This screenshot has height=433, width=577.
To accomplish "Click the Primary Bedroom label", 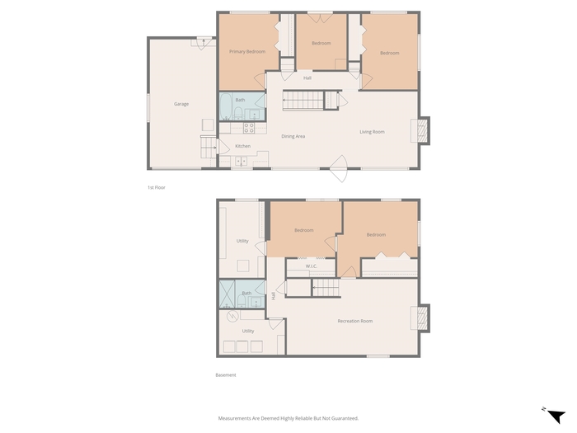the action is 247,51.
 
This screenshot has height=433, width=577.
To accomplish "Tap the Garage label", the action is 181,104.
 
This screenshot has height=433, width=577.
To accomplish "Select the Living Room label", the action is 372,132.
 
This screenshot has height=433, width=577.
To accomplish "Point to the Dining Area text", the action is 293,136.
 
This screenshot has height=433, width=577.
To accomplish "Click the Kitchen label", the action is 243,146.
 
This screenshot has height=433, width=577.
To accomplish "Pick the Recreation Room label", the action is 355,321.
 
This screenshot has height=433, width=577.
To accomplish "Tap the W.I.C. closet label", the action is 312,266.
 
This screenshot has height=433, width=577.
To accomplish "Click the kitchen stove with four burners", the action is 249,128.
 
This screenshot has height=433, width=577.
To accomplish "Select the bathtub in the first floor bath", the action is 226,106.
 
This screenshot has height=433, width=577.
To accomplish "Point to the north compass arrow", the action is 556,416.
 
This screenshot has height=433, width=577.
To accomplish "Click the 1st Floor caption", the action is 157,187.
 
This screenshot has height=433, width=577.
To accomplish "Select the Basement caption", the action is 226,374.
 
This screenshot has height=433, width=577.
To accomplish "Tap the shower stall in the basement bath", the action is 227,294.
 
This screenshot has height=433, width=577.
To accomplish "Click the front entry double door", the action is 340,168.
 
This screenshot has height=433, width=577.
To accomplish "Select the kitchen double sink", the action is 241,162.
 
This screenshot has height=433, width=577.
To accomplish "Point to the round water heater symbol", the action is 232,316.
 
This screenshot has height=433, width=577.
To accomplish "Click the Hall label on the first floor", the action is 307,78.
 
